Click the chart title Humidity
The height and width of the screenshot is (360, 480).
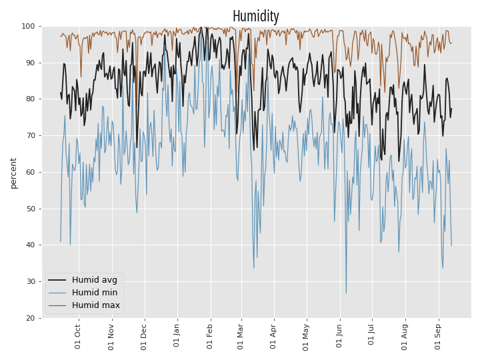pos(255,16)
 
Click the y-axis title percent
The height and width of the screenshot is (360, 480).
pos(13,173)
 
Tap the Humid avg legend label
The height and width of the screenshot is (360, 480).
pos(95,280)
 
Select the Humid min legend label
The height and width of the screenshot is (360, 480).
pos(95,293)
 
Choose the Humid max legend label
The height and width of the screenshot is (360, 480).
pos(96,305)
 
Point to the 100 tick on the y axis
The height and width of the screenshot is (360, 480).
pos(28,26)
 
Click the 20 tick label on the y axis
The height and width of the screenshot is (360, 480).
pos(30,319)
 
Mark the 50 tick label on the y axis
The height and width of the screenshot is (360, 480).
pos(30,209)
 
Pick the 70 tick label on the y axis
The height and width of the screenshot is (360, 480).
pos(30,135)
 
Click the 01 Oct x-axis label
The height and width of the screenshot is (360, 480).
pos(77,337)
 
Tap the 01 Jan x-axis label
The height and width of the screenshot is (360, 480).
pos(176,335)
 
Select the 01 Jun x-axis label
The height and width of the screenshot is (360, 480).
pos(339,336)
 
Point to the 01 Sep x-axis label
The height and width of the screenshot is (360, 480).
pos(438,337)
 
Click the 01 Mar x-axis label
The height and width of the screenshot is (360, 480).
pos(240,337)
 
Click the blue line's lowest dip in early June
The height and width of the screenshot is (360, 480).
pos(346,293)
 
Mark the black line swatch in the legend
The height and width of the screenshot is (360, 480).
pos(57,280)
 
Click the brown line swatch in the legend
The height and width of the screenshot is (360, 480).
pos(57,305)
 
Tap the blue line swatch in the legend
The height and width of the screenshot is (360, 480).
pos(57,293)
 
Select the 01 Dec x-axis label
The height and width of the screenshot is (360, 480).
pos(143,337)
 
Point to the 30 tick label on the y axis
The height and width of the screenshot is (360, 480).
pos(30,281)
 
